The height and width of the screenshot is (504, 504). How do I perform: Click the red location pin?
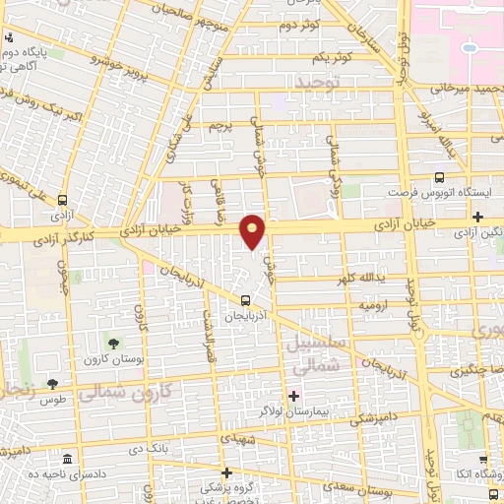coord(253,230)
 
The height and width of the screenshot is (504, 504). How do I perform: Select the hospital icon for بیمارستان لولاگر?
coord(294,395)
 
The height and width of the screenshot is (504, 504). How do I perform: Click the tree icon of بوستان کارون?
coord(115,344)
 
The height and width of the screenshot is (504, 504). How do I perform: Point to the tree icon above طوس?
coord(52,384)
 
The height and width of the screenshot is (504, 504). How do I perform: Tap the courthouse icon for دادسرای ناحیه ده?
coord(67,460)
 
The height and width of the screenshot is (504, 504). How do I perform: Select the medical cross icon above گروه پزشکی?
coord(226,472)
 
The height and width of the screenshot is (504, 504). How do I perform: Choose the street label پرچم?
coord(219,125)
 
